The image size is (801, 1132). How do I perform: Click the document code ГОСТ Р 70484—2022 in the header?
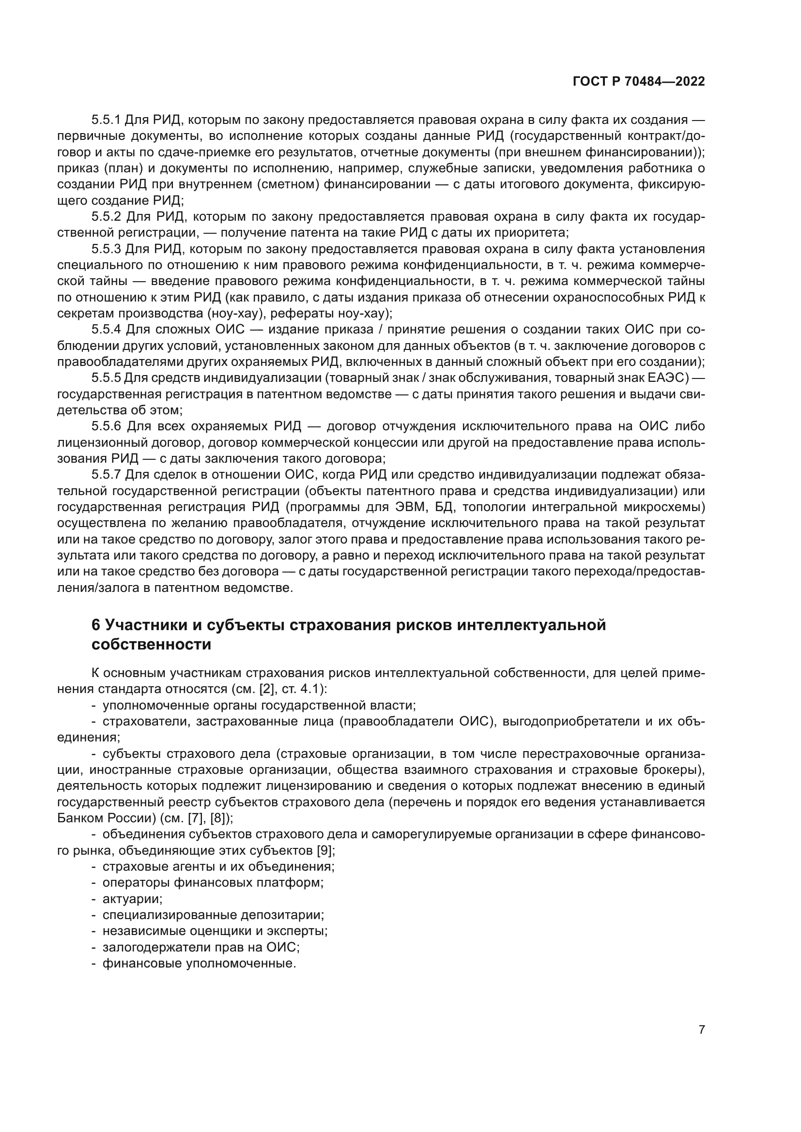(x=639, y=82)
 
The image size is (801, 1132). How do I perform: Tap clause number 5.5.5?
(x=106, y=378)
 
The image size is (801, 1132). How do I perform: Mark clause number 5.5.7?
(x=106, y=475)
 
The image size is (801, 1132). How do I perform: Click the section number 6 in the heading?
(x=96, y=625)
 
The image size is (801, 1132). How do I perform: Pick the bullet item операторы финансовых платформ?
(x=213, y=883)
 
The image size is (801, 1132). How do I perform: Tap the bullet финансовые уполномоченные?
(x=199, y=964)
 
